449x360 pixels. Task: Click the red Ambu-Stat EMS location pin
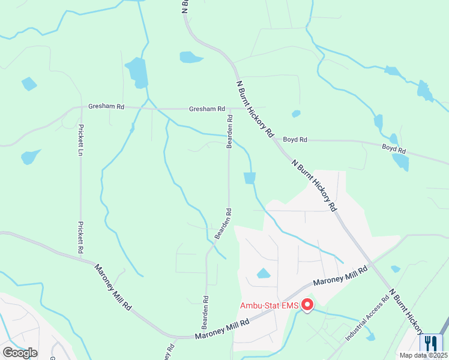pyautogui.click(x=307, y=305)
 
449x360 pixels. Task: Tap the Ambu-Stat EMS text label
pyautogui.click(x=270, y=305)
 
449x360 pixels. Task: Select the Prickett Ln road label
pyautogui.click(x=80, y=140)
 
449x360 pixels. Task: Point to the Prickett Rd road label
pyautogui.click(x=80, y=236)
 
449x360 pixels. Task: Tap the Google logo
pyautogui.click(x=20, y=352)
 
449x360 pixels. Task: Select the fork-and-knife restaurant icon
pyautogui.click(x=430, y=343)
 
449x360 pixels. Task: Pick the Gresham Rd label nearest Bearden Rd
pyautogui.click(x=206, y=109)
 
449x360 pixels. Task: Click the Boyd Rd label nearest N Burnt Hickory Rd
pyautogui.click(x=295, y=140)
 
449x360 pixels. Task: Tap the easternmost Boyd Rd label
pyautogui.click(x=394, y=149)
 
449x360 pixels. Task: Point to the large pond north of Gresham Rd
pyautogui.click(x=137, y=73)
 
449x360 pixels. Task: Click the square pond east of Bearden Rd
pyautogui.click(x=250, y=178)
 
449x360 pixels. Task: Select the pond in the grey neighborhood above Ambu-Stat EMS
pyautogui.click(x=264, y=274)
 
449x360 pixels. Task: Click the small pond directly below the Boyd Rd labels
pyautogui.click(x=400, y=162)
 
